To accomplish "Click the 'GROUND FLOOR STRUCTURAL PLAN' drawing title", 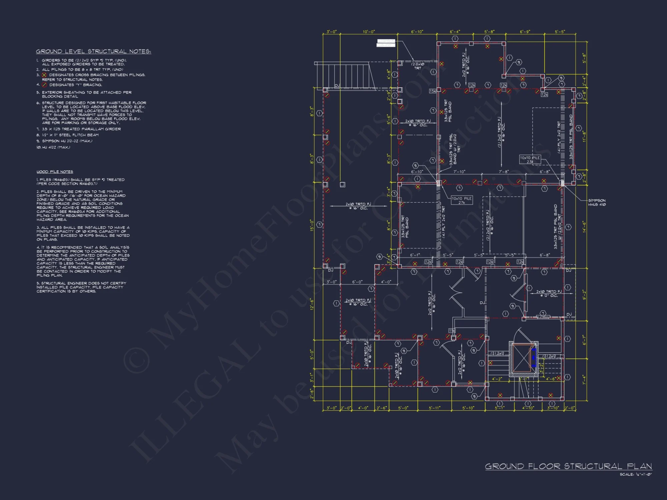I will [568, 466].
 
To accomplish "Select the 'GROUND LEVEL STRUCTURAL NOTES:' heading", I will [93, 51].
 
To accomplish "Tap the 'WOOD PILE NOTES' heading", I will [55, 172].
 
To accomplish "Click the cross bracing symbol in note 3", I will [44, 75].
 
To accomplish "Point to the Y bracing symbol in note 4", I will [44, 85].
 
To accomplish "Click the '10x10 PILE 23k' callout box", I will [530, 160].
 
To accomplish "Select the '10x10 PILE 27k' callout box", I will [462, 200].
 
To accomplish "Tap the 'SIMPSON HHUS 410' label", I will [597, 202].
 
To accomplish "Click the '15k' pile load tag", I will [432, 91].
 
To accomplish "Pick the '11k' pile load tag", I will [452, 331].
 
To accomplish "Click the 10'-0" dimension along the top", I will [369, 32].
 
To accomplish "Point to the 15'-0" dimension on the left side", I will [312, 225].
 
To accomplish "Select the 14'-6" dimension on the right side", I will [584, 227].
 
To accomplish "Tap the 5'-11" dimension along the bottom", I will [435, 408].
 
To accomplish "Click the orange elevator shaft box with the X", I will [522, 358].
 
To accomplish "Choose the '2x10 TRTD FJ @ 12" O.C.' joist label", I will [549, 293].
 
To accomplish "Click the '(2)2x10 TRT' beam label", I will [418, 66].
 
